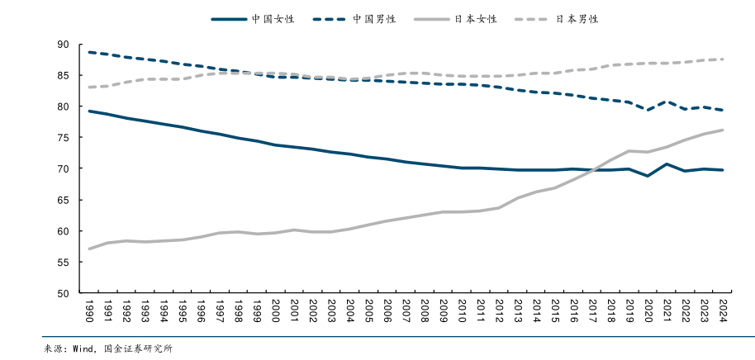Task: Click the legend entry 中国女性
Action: pyautogui.click(x=272, y=18)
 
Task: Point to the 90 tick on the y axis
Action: pyautogui.click(x=64, y=45)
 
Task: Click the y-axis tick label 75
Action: pyautogui.click(x=64, y=138)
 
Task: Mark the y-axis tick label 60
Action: pyautogui.click(x=64, y=231)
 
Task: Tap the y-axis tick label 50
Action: pyautogui.click(x=64, y=293)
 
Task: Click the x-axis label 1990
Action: pyautogui.click(x=88, y=312)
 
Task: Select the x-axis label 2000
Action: pyautogui.click(x=275, y=312)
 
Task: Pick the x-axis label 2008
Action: pyautogui.click(x=425, y=312)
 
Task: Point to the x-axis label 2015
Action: pyautogui.click(x=555, y=312)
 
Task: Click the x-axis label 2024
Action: pyautogui.click(x=724, y=312)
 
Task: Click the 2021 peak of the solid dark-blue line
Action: pyautogui.click(x=667, y=164)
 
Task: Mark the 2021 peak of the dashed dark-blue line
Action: pyautogui.click(x=667, y=102)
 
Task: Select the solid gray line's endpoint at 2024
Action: pyautogui.click(x=724, y=130)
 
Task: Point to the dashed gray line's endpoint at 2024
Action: pyautogui.click(x=724, y=59)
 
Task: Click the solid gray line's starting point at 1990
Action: pyautogui.click(x=88, y=249)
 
